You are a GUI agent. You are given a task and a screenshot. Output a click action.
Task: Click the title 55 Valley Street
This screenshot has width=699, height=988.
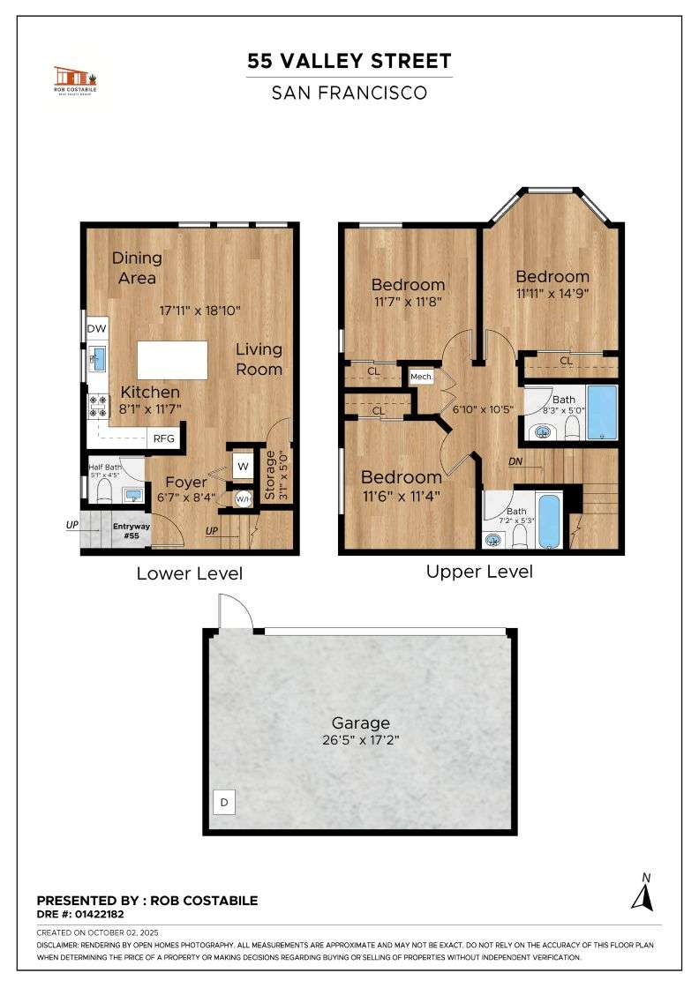pyautogui.click(x=349, y=61)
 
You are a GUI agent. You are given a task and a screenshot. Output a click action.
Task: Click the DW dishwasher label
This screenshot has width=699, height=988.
pyautogui.click(x=96, y=329)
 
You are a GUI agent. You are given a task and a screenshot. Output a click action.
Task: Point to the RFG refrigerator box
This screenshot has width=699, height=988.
pyautogui.click(x=163, y=438)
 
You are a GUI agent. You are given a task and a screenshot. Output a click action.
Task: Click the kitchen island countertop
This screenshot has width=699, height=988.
pyautogui.click(x=173, y=360)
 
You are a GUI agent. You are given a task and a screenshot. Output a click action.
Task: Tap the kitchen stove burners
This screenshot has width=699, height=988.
pyautogui.click(x=96, y=407)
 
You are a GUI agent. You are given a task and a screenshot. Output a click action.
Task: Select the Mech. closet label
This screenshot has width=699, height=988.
pyautogui.click(x=421, y=377)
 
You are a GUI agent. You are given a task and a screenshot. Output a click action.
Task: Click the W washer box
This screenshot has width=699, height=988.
pyautogui.click(x=242, y=466)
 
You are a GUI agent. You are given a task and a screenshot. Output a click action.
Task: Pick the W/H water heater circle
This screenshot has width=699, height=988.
pyautogui.click(x=242, y=498)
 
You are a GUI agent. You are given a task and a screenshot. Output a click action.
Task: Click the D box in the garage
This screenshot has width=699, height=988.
pyautogui.click(x=224, y=803)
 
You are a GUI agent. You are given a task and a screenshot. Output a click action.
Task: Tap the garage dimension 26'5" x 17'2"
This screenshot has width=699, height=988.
pyautogui.click(x=360, y=740)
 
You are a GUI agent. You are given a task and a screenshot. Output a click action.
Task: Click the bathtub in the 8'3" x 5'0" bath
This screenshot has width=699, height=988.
pyautogui.click(x=602, y=412)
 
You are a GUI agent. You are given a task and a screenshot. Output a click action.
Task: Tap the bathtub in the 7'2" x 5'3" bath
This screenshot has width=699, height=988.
pyautogui.click(x=548, y=521)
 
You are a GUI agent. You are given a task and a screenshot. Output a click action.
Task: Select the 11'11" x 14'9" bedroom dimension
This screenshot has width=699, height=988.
pyautogui.click(x=552, y=294)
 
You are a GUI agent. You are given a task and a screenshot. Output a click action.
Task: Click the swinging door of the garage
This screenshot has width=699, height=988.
pyautogui.click(x=233, y=612)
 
